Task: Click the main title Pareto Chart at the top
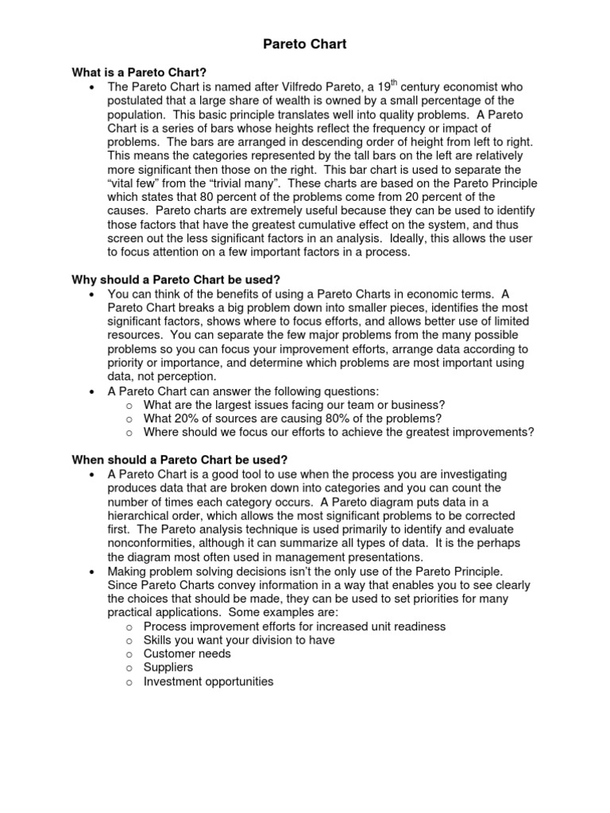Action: [305, 44]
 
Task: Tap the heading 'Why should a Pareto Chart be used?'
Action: [176, 280]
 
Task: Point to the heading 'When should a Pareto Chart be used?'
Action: [180, 460]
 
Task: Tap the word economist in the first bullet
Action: [477, 87]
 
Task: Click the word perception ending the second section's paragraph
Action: [183, 377]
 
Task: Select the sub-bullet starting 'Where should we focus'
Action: [338, 433]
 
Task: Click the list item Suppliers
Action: [168, 668]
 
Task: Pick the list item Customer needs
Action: [187, 653]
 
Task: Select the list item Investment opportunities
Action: [208, 681]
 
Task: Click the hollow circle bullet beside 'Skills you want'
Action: [129, 641]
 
